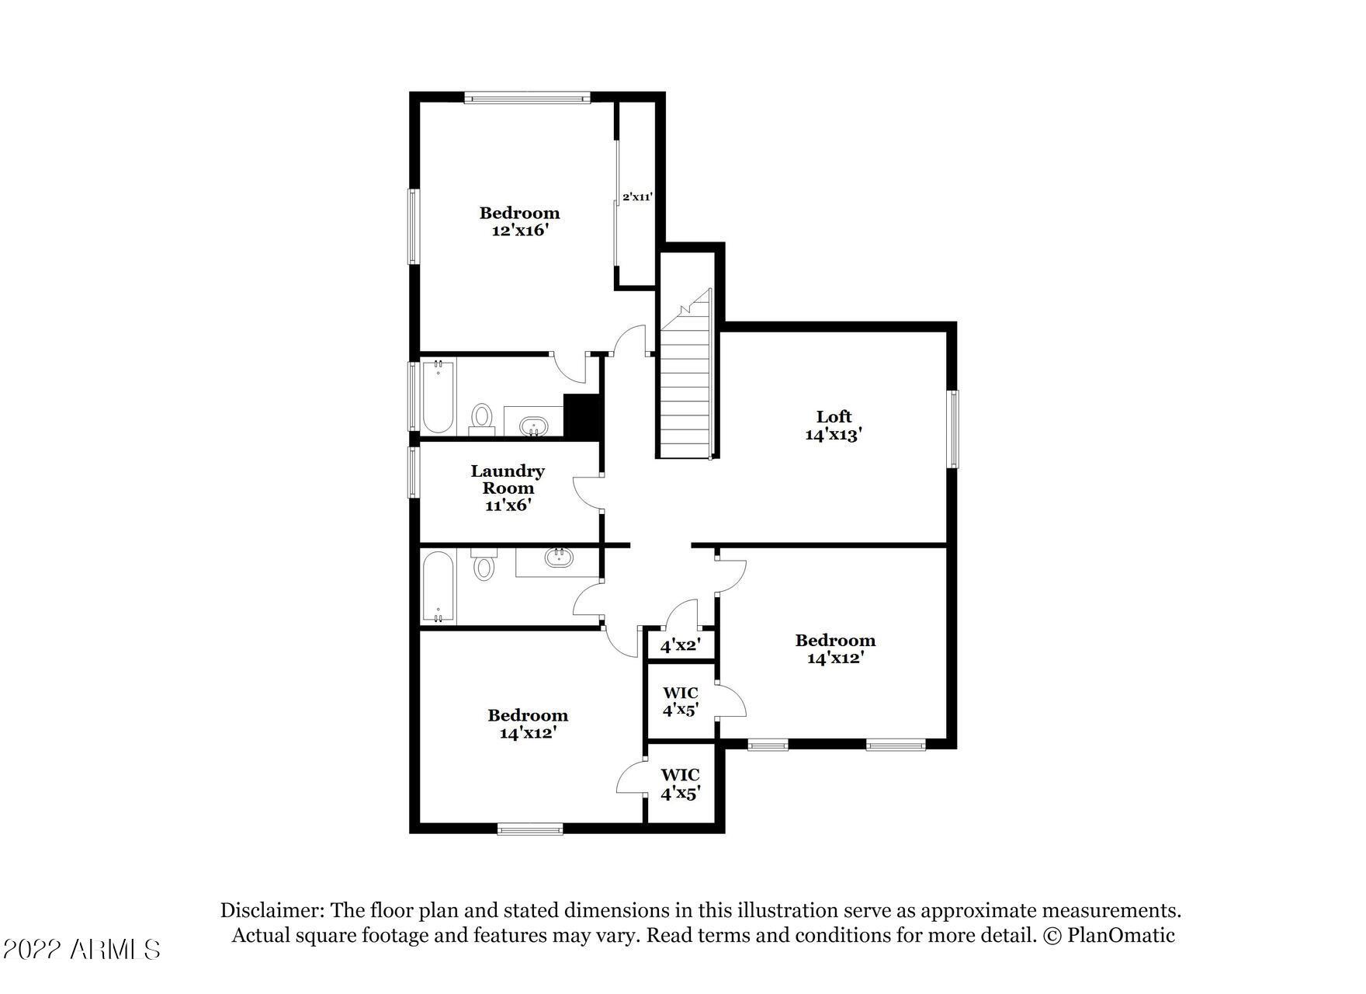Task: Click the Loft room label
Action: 834,417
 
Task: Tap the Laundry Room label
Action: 508,479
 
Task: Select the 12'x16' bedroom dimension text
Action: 519,231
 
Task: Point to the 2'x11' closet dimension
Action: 637,197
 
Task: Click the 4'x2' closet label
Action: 681,645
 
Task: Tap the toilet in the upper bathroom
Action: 482,418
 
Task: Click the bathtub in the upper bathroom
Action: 438,396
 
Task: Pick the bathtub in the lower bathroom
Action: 438,587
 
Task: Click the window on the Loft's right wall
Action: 953,429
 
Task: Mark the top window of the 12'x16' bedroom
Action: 528,98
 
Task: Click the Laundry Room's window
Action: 414,471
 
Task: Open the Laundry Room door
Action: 588,492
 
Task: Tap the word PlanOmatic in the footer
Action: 1121,935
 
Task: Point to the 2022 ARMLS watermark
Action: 81,949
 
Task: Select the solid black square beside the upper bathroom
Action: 582,417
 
